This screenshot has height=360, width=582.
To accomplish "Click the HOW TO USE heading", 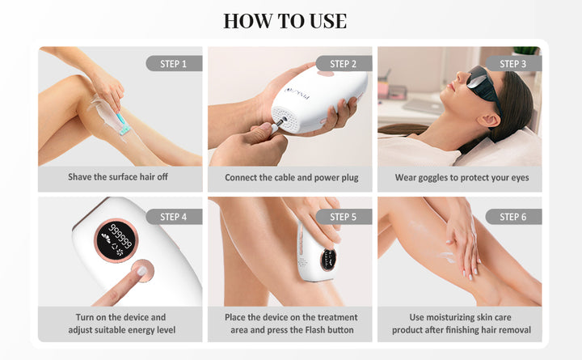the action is [285, 21].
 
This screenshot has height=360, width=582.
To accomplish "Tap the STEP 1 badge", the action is [174, 64].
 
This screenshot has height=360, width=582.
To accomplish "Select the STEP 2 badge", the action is [344, 64].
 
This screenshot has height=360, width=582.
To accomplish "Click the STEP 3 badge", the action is [513, 64].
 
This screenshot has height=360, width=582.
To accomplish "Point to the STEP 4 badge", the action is [174, 217].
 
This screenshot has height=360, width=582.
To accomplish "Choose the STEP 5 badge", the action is [344, 217].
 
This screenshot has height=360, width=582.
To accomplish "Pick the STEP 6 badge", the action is [513, 217].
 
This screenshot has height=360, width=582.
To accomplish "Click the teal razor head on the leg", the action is [124, 129].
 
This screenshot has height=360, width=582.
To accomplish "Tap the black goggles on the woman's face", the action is [483, 84].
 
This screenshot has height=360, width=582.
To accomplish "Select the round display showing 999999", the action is [116, 240].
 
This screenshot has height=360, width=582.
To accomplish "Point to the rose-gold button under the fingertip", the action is [142, 270].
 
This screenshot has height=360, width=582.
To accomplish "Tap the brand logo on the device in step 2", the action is [297, 93].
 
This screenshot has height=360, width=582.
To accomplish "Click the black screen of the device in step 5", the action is [328, 260].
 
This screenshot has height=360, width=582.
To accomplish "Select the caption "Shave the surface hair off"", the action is [118, 177].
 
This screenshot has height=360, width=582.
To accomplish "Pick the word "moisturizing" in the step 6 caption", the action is [449, 318].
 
